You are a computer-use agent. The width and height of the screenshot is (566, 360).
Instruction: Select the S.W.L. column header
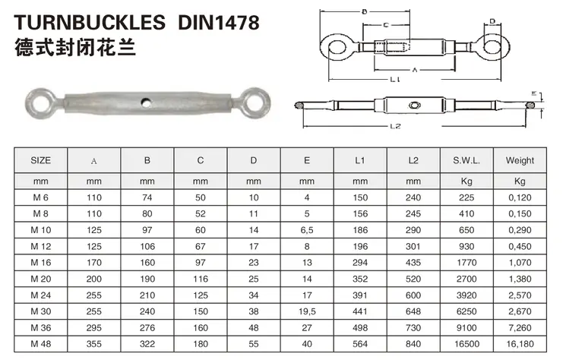tap(466, 160)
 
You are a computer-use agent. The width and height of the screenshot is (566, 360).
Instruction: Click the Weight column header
tap(520, 160)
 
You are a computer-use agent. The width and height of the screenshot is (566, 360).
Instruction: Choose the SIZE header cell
tap(41, 160)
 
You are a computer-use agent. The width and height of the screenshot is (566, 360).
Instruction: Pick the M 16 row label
tap(41, 260)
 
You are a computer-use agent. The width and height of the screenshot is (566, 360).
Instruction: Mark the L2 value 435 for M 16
tap(413, 260)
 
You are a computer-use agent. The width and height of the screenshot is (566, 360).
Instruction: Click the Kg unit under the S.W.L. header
tap(466, 181)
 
